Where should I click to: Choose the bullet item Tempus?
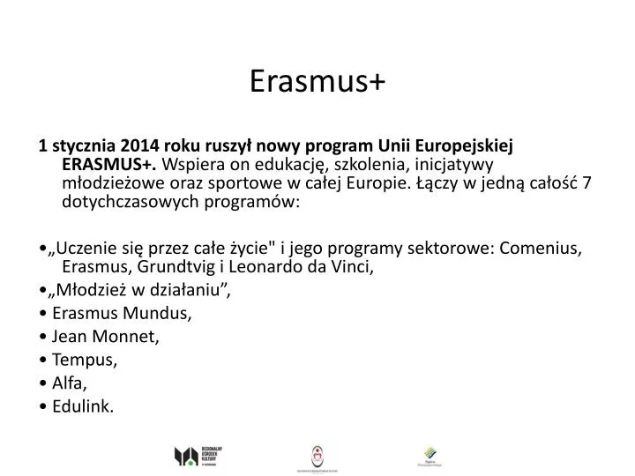pos(85,360)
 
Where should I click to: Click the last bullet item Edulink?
pos(83,406)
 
